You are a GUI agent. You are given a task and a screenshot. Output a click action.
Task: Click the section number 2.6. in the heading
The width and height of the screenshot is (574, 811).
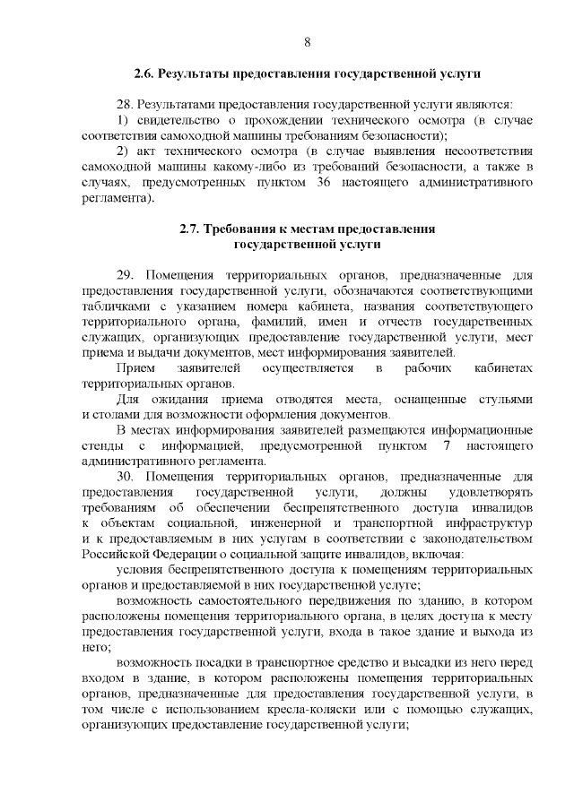146,73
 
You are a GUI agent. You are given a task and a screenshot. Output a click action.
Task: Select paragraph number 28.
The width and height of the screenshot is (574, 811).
126,104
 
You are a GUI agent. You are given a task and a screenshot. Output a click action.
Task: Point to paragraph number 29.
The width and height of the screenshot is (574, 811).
126,275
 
